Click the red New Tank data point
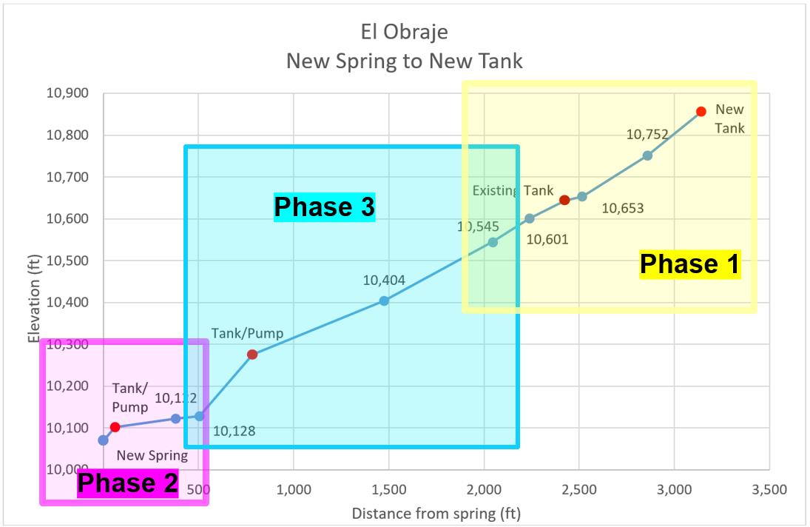click(701, 111)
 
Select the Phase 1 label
click(689, 264)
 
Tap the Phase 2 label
click(128, 483)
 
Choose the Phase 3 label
click(325, 207)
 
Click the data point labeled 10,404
click(384, 301)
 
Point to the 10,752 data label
click(647, 135)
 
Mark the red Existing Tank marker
click(564, 200)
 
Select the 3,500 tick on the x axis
click(769, 490)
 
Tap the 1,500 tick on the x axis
click(389, 490)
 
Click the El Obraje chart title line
click(404, 32)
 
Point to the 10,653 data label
click(622, 209)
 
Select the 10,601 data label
click(547, 239)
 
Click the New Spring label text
click(152, 455)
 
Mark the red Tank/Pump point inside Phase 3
click(252, 355)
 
